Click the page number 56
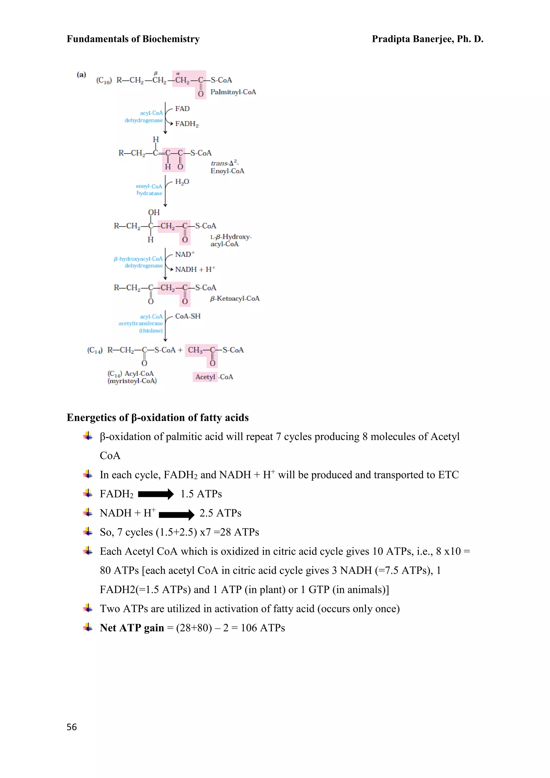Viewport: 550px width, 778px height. pyautogui.click(x=71, y=727)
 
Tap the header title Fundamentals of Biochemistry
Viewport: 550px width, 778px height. pyautogui.click(x=133, y=39)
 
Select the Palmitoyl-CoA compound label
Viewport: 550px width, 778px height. pyautogui.click(x=233, y=92)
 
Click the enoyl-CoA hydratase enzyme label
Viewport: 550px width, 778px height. pyautogui.click(x=149, y=189)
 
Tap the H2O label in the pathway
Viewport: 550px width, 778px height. pyautogui.click(x=182, y=182)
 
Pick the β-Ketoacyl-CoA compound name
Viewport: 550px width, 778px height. pyautogui.click(x=235, y=298)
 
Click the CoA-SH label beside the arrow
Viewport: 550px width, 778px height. pyautogui.click(x=188, y=316)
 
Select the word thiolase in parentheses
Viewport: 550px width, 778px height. pyautogui.click(x=151, y=331)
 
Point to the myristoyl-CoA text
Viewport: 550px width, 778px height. pyautogui.click(x=132, y=381)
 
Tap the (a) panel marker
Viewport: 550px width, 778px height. pyautogui.click(x=81, y=74)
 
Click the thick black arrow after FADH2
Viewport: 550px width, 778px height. pyautogui.click(x=156, y=494)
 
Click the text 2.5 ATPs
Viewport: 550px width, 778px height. pyautogui.click(x=220, y=513)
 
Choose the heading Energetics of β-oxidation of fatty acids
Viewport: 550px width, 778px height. pyautogui.click(x=157, y=417)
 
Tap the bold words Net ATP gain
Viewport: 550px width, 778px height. pyautogui.click(x=132, y=628)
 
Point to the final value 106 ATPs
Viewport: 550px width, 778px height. pyautogui.click(x=263, y=628)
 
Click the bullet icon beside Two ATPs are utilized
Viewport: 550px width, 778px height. pyautogui.click(x=88, y=608)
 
